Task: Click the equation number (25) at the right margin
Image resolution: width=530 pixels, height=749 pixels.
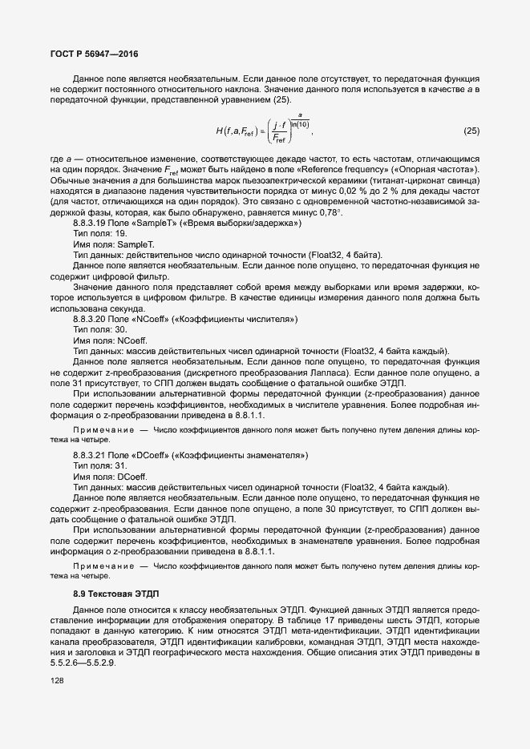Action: click(471, 130)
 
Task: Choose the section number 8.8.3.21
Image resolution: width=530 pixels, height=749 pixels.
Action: click(91, 456)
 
